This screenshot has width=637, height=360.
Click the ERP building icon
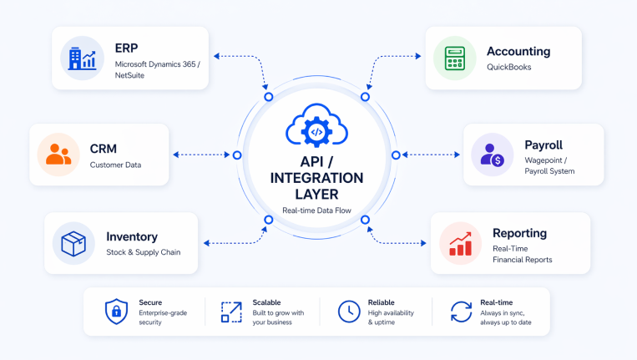pos(82,58)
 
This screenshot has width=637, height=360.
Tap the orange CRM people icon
pos(58,155)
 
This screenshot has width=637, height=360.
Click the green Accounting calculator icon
pos(456,58)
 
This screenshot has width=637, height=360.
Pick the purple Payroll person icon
pos(487,155)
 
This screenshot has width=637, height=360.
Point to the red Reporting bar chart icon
pos(461,243)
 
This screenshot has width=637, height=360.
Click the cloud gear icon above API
pos(316,128)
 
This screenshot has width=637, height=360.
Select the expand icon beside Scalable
pos(230,312)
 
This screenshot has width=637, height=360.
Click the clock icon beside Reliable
pos(347,312)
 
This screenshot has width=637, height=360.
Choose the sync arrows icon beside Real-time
pos(460,312)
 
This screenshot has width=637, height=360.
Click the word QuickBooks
pos(509,68)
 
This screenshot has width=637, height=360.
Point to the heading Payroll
pos(543,145)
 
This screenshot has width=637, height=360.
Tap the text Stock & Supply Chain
pos(143,251)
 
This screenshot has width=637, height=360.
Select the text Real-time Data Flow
pos(316,210)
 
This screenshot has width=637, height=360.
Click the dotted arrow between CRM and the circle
pos(203,155)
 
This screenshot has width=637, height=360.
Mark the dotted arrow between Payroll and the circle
pos(429,155)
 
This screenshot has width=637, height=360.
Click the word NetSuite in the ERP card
pos(134,75)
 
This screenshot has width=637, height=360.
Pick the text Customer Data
pos(115,165)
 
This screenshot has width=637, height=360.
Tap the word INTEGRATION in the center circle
pos(316,178)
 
